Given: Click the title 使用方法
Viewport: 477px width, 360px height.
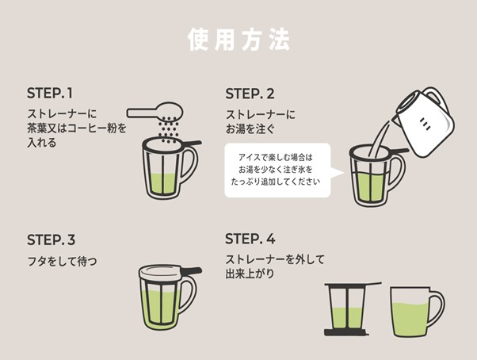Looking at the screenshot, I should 238,39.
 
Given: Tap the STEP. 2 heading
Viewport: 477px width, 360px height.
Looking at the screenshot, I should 250,92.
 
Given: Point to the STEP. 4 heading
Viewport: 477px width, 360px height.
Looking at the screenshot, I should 250,239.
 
